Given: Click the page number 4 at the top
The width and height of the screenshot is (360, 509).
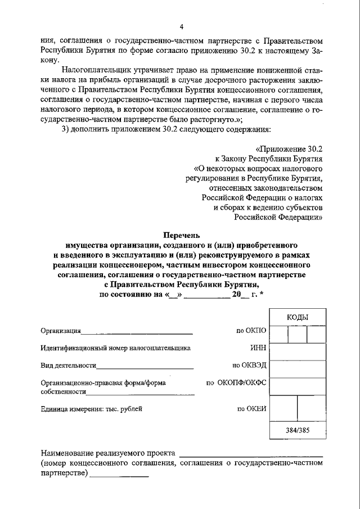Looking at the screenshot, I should coord(182,27).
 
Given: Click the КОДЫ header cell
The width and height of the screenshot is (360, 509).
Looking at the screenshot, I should coord(298,317).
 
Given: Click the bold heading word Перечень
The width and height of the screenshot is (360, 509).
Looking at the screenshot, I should coord(181,235).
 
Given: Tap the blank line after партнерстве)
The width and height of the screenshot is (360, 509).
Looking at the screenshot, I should coord(119,475).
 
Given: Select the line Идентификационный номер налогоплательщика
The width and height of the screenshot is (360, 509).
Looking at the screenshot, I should coord(115,348).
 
